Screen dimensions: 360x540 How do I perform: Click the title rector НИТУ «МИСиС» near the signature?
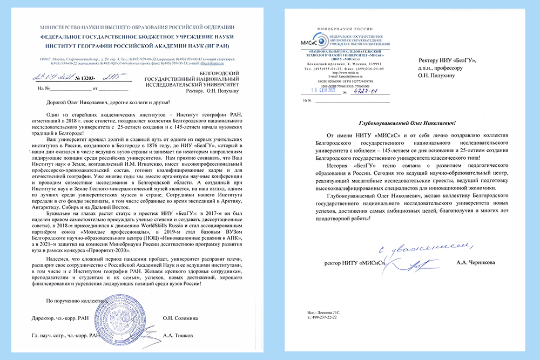pos(354,263)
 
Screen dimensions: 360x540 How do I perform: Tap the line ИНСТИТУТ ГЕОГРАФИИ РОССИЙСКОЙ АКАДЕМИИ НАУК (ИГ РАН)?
pos(132,46)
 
